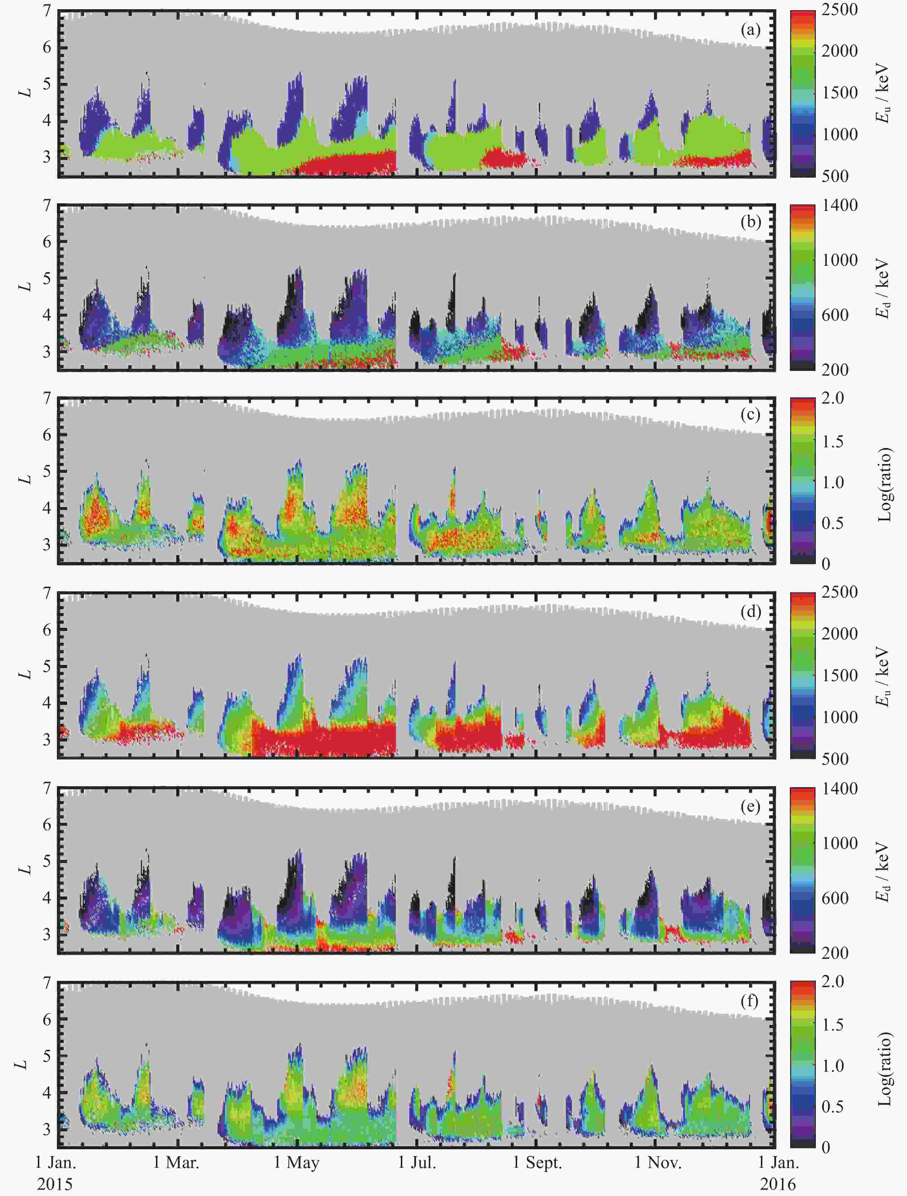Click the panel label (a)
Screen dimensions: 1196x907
coord(750,30)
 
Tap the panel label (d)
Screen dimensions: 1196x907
coord(750,612)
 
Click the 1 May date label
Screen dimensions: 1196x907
coord(297,1162)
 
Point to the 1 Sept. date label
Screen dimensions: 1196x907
coord(537,1162)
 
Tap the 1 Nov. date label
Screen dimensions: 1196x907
coord(658,1162)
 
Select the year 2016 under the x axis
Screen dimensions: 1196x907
coord(778,1184)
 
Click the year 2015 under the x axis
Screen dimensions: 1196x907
coord(55,1184)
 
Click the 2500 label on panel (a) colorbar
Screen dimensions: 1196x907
coord(840,10)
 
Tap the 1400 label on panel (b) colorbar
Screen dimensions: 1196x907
coord(840,206)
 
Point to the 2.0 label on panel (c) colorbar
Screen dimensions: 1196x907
coord(833,398)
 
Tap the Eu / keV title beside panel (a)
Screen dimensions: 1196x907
coord(884,93)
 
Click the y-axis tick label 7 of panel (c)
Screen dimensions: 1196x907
coord(47,398)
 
